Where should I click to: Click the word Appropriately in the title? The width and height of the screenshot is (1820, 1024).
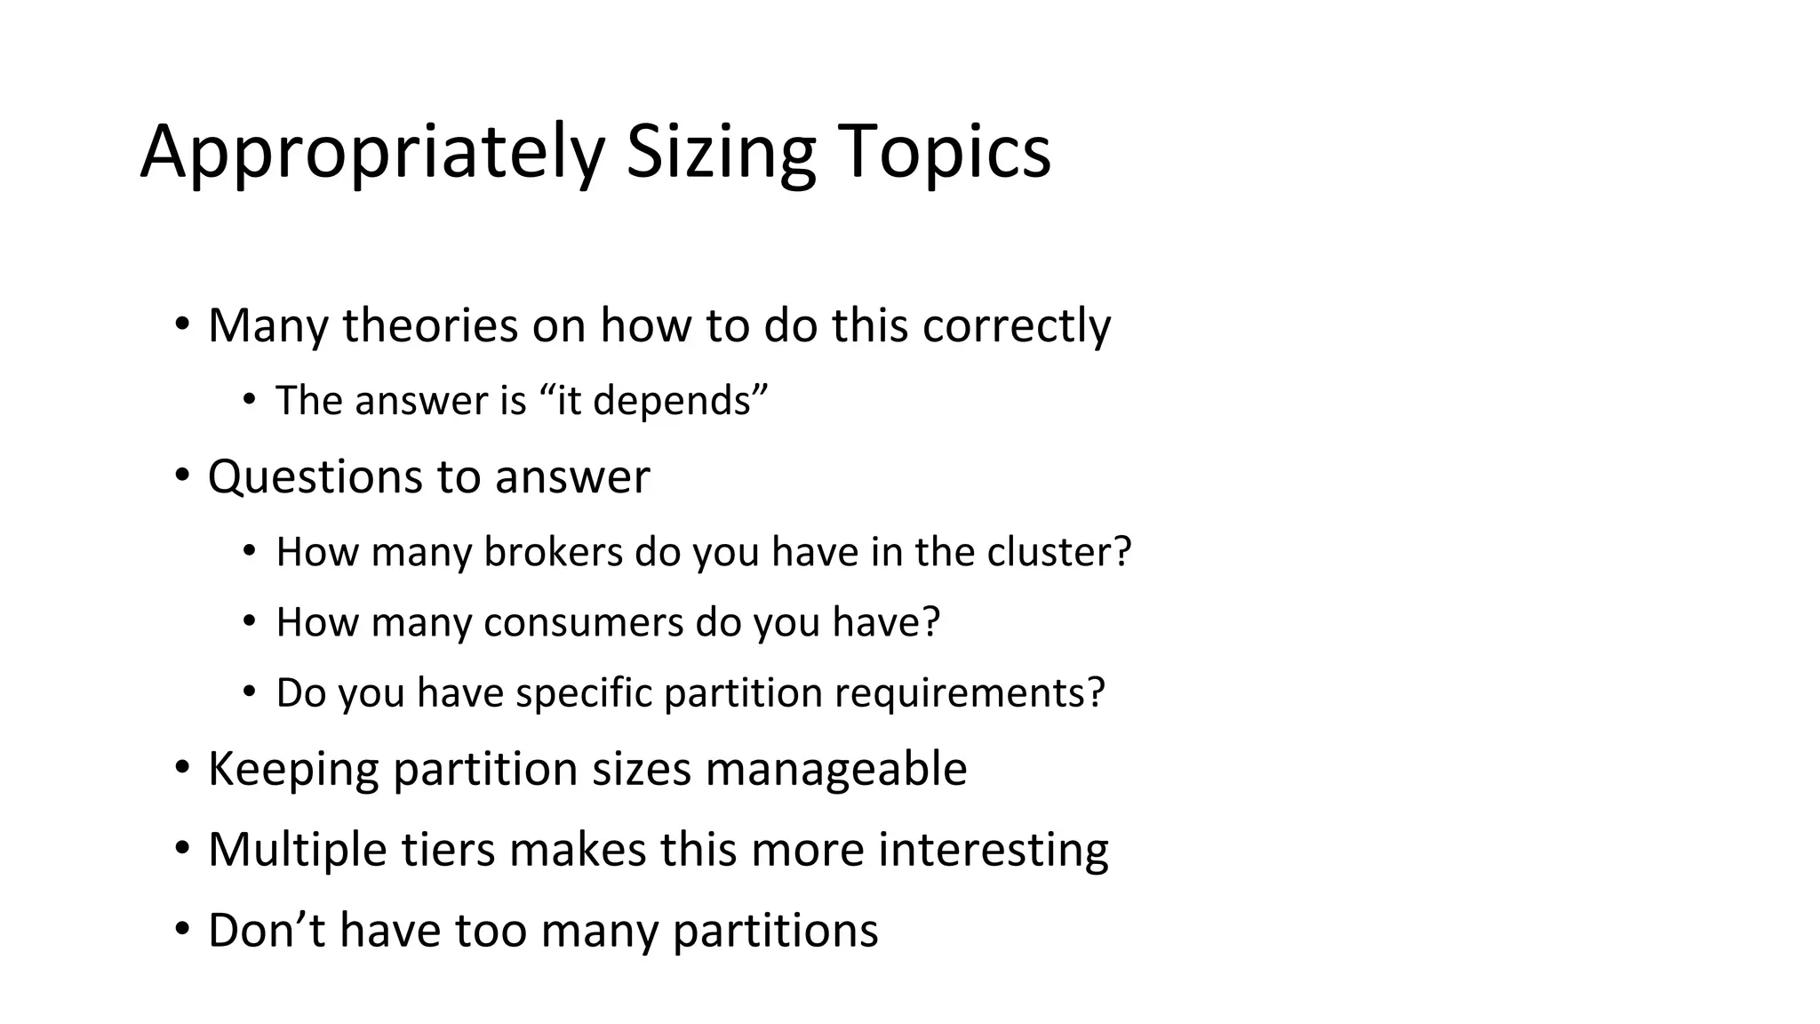click(x=372, y=153)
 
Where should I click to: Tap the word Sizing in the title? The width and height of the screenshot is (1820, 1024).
click(x=721, y=153)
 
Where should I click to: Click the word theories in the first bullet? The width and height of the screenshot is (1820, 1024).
click(x=430, y=325)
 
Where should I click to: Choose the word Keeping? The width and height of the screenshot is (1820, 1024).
click(x=292, y=769)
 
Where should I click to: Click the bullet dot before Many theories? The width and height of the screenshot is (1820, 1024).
click(x=182, y=324)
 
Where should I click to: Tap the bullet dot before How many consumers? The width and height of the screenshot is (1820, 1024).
click(x=249, y=620)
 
